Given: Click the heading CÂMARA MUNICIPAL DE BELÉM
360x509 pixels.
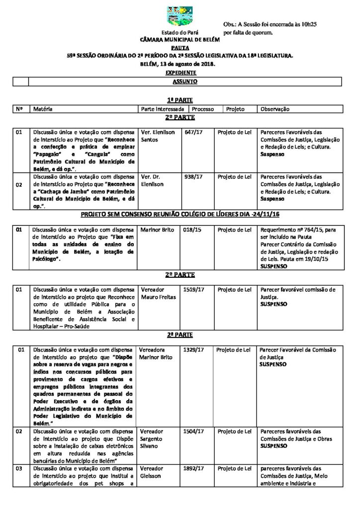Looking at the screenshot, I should pyautogui.click(x=180, y=39).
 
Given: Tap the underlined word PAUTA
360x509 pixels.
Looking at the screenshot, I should pyautogui.click(x=180, y=48).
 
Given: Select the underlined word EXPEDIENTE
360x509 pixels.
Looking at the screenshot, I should pyautogui.click(x=180, y=73).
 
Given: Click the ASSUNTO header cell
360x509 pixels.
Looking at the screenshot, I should pyautogui.click(x=185, y=81).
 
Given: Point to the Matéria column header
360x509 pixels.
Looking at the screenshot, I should pyautogui.click(x=43, y=109).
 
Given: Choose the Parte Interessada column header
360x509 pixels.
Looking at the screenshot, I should pyautogui.click(x=163, y=109).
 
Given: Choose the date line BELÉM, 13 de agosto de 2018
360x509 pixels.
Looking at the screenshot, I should pyautogui.click(x=180, y=64).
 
